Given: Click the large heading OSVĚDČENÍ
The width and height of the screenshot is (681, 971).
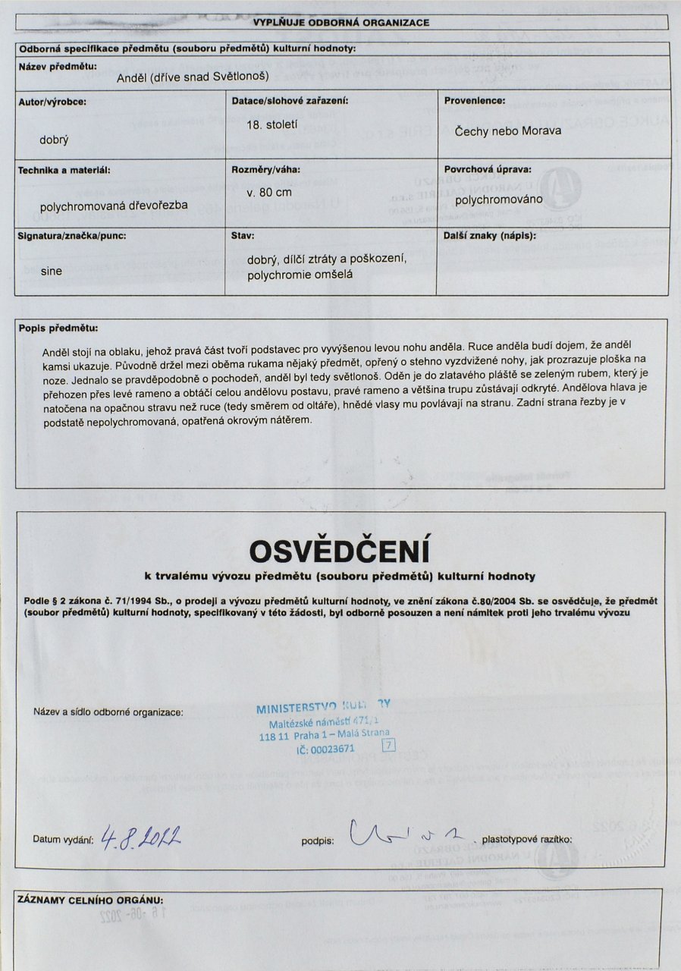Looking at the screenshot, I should (340, 549).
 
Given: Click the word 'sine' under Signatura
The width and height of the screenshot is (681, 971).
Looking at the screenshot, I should (51, 269).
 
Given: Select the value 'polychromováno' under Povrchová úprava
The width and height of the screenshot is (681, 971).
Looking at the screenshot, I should (499, 200).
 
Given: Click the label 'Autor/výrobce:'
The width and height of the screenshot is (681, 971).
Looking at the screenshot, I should (52, 100).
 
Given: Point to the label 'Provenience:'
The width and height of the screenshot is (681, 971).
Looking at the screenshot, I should (475, 100).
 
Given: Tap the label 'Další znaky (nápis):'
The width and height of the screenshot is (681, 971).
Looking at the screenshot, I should (489, 236).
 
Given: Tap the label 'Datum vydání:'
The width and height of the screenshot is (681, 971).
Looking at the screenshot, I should (63, 840).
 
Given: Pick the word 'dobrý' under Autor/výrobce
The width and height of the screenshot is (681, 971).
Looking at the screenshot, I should (54, 140).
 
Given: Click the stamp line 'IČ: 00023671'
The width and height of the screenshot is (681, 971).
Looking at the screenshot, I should (326, 749).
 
